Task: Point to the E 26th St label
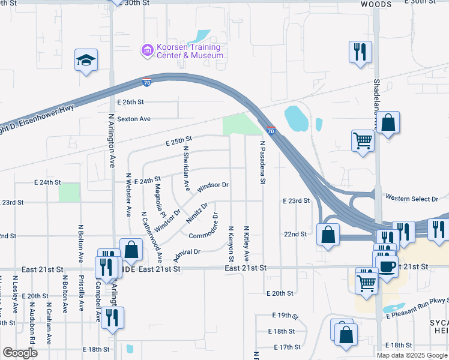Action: pos(131,102)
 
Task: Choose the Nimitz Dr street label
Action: pos(197,212)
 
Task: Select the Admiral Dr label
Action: pos(186,255)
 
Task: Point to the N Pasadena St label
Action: pos(262,162)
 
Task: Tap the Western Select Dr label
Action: pos(412,197)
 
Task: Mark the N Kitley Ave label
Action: pos(247,244)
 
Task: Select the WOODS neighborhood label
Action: pos(376,4)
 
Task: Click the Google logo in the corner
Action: pos(20,353)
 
